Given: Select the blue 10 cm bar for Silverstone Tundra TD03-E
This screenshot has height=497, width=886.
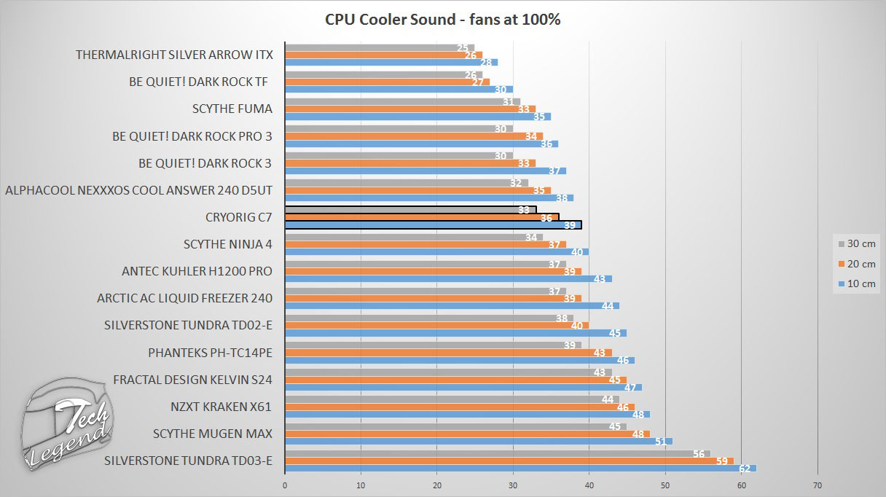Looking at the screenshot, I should tap(520, 468).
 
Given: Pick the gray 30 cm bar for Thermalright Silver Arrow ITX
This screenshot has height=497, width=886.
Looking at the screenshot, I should tap(379, 47).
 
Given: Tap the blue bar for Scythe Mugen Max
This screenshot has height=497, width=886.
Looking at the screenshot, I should tap(478, 441).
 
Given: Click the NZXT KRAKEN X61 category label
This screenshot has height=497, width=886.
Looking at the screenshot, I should tap(221, 407).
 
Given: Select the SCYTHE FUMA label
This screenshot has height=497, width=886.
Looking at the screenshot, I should tap(232, 109).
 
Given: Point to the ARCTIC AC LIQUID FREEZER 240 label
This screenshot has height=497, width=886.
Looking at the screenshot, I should tap(185, 298).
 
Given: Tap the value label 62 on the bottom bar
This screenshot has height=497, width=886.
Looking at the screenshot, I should tap(743, 468).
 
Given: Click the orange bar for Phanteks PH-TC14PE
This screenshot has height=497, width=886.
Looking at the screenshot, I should tap(448, 353).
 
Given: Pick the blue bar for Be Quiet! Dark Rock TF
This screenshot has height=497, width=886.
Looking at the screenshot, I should tap(399, 90).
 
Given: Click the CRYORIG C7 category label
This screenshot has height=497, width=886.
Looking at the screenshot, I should tap(239, 217).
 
